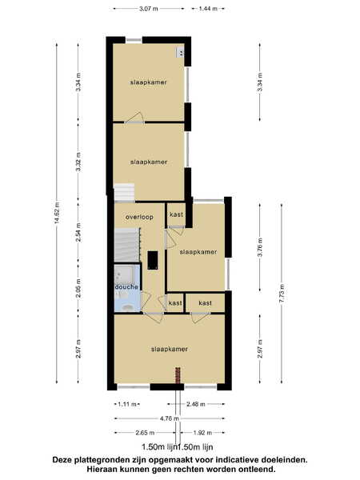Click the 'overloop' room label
[x=139, y=217]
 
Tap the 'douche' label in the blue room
[x=126, y=287]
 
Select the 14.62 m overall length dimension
[x=57, y=213]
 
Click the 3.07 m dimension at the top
[x=149, y=9]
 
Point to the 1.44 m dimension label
[x=208, y=9]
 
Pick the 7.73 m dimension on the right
[x=282, y=294]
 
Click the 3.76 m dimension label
[x=260, y=247]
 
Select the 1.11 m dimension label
[x=127, y=404]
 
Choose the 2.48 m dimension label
[x=196, y=404]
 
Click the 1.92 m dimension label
[x=202, y=433]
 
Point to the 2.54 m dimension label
[x=78, y=232]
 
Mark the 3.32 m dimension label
[x=78, y=162]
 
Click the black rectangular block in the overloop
[x=153, y=260]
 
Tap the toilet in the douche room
[x=126, y=307]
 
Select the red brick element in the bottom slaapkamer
[x=178, y=375]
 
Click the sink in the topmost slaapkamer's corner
[x=180, y=52]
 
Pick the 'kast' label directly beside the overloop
[x=176, y=214]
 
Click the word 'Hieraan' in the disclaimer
[x=101, y=469]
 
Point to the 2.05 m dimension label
[x=78, y=288]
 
